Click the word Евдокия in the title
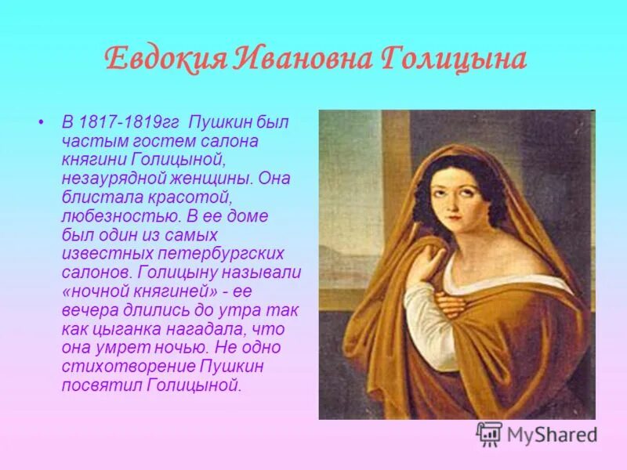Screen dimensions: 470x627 pos(161,60)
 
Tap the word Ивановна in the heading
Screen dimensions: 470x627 pos(299,60)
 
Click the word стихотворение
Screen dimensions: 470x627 pos(119,366)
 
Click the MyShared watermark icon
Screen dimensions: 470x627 pos(489,434)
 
